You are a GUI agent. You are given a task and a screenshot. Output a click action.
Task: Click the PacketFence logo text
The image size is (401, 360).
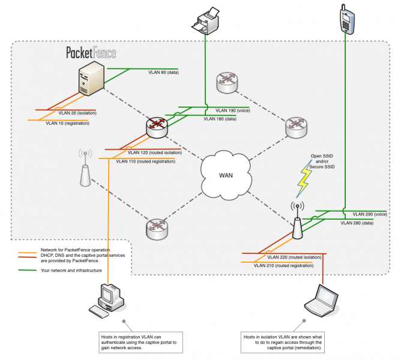(x=91, y=52)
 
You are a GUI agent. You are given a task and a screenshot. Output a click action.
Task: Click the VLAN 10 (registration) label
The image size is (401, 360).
(x=67, y=123)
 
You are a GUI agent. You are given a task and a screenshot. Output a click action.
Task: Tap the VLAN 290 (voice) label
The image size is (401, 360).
(x=370, y=214)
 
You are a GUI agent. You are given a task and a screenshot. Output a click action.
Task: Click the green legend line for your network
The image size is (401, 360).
(x=28, y=271)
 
